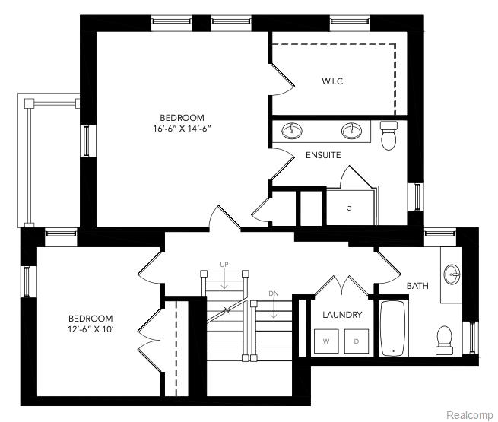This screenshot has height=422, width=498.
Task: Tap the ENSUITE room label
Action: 323,155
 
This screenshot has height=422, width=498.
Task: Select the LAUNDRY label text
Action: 342,314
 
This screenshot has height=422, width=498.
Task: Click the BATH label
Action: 417,286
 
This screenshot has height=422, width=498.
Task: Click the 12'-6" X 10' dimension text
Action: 90,329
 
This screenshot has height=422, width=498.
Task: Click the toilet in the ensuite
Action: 389,135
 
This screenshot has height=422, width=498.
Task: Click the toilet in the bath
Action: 444,339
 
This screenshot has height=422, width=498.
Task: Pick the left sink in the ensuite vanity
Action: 292,131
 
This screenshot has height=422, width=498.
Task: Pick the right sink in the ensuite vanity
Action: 351,131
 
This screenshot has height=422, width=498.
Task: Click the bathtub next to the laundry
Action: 392,328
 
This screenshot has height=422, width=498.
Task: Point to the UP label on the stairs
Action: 224,264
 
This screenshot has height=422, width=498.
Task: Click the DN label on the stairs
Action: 273,293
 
